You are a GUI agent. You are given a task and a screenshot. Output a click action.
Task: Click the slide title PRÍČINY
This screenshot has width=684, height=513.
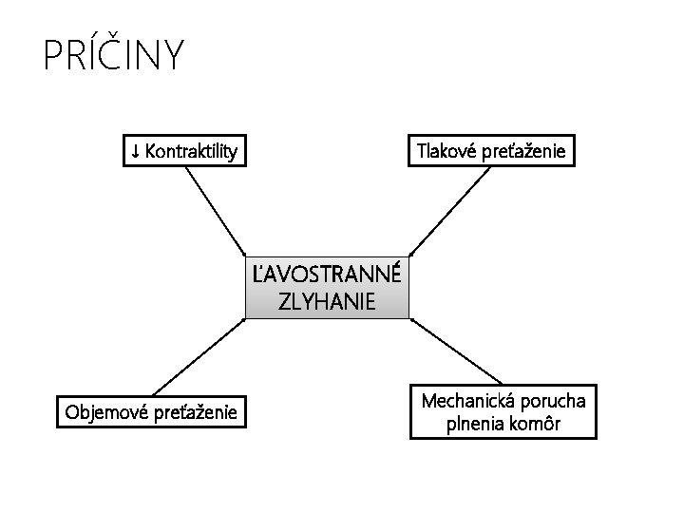(113, 56)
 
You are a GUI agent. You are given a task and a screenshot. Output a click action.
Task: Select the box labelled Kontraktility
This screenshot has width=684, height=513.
(184, 150)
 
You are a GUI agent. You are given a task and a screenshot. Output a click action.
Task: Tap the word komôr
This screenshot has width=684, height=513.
(537, 424)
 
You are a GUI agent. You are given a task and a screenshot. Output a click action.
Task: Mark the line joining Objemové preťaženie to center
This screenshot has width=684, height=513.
(198, 355)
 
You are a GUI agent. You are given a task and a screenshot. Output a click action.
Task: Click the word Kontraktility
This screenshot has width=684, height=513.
(191, 150)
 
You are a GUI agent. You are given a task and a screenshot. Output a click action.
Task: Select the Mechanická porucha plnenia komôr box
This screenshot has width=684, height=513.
(503, 411)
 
